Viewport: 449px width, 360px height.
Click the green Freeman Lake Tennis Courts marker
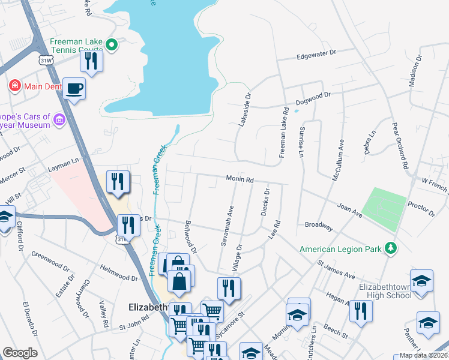click(x=111, y=44)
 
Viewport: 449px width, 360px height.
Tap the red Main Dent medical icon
click(x=15, y=86)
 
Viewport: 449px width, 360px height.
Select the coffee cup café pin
click(x=74, y=89)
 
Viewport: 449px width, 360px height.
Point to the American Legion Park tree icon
click(x=391, y=248)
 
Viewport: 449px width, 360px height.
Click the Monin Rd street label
click(x=240, y=179)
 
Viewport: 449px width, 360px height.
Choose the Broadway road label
click(x=319, y=226)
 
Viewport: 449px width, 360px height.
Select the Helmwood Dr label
click(x=119, y=274)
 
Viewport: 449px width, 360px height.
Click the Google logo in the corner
click(x=20, y=353)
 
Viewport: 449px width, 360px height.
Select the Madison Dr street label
click(x=414, y=71)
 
